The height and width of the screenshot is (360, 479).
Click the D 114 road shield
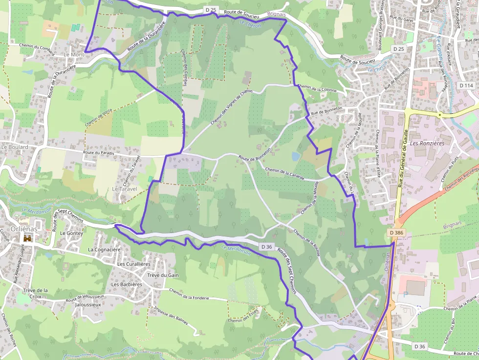[467, 85]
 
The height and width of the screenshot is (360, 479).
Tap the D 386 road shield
[397, 233]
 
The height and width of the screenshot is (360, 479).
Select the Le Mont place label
[74, 55]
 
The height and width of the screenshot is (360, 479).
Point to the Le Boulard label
[15, 147]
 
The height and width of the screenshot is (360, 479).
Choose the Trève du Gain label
[163, 275]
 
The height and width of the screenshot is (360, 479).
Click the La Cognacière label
[104, 250]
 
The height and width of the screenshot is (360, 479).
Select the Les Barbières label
[127, 284]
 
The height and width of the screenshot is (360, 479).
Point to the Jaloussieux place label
[88, 304]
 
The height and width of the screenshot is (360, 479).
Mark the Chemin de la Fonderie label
[189, 295]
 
